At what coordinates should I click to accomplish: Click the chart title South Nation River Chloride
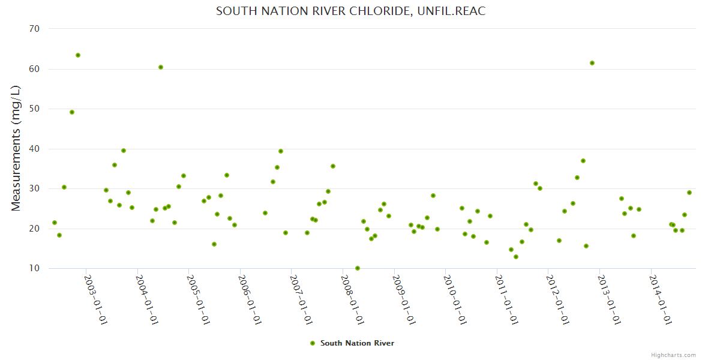tap(350, 11)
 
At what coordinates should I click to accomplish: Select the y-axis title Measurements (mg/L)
tap(16, 148)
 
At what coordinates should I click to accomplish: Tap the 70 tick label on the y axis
tap(34, 29)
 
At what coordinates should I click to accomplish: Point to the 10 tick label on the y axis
tap(34, 268)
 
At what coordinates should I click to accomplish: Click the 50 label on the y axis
tap(34, 109)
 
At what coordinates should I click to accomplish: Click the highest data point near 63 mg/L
tap(78, 55)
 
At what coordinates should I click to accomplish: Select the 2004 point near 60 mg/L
tap(161, 67)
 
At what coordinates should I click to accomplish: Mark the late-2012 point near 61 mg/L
tap(592, 63)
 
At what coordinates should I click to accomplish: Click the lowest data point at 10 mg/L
tap(358, 268)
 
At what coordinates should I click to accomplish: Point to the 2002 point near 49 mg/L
tap(72, 112)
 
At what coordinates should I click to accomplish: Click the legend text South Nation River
tap(357, 343)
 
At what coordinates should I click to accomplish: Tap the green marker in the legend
tap(312, 343)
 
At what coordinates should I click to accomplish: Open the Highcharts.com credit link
tap(673, 355)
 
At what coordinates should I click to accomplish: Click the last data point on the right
tap(689, 193)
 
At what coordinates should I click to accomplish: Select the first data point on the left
tap(55, 223)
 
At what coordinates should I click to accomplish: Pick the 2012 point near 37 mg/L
tap(583, 161)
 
